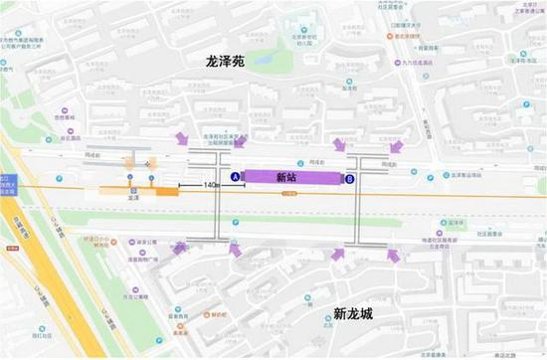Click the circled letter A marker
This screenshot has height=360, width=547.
(235, 178)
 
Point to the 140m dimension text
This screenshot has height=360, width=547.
(211, 185)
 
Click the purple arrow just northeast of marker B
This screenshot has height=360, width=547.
(340, 145)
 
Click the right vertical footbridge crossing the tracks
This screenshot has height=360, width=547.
(365, 199)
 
